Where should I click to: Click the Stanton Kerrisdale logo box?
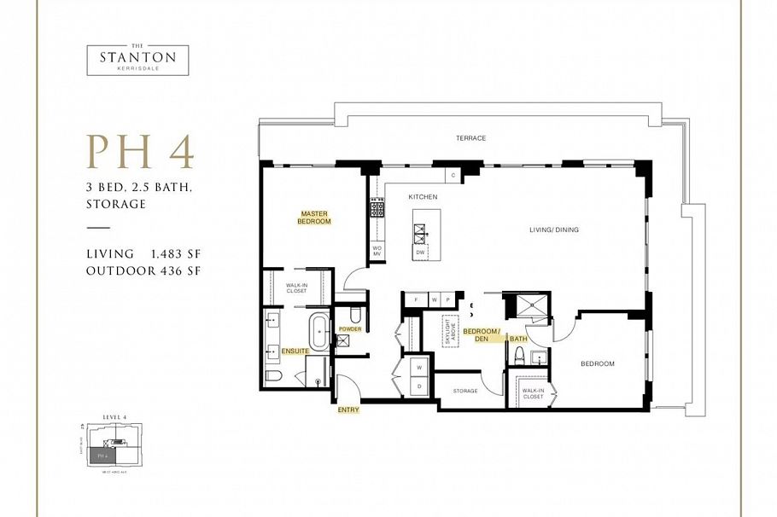point(137,60)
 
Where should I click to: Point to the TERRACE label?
point(470,137)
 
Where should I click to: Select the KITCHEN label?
point(423,197)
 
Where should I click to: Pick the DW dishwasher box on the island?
point(420,253)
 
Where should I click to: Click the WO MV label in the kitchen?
point(376,250)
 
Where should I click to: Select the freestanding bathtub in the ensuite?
point(319,331)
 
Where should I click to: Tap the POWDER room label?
point(350,328)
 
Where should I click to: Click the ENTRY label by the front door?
point(348,410)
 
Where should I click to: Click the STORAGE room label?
point(464,391)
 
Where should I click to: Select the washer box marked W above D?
point(419,368)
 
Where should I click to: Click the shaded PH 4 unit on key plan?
point(102,456)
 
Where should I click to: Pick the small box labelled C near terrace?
point(453,176)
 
